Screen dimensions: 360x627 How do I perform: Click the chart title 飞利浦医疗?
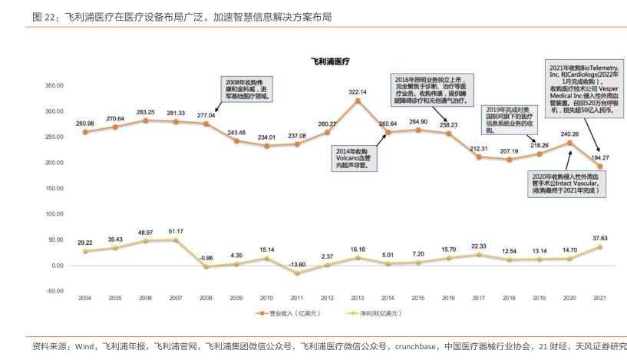pyautogui.click(x=329, y=60)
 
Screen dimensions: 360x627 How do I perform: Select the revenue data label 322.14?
pyautogui.click(x=358, y=92)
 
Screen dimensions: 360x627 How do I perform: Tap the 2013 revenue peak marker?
pyautogui.click(x=358, y=101)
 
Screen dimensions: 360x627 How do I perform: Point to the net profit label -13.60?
pyautogui.click(x=297, y=263)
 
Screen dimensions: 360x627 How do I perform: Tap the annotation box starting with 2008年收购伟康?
pyautogui.click(x=246, y=89)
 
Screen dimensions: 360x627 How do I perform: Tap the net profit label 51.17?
pyautogui.click(x=176, y=231)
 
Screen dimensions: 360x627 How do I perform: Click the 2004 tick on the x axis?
pyautogui.click(x=85, y=298)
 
